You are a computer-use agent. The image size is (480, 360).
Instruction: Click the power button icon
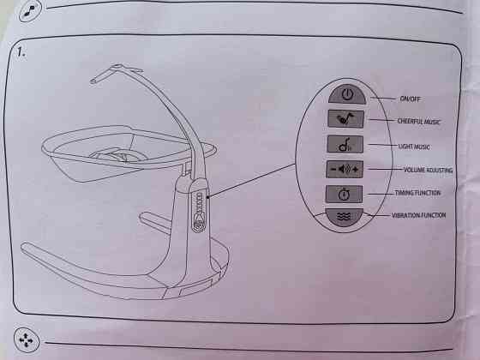[x=347, y=94]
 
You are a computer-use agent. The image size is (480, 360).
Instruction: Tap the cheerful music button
[x=345, y=119]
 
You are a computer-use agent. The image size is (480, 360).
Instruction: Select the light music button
[x=345, y=144]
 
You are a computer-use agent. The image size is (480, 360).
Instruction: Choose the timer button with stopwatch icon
[x=344, y=194]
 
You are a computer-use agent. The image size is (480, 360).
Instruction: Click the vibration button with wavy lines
[x=344, y=217]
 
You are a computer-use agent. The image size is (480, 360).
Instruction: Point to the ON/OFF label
[x=410, y=99]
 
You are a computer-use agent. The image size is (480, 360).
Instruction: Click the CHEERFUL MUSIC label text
[x=418, y=122]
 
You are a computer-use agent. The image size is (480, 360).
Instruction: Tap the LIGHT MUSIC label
[x=414, y=147]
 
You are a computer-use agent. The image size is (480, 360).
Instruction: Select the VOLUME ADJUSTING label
[x=428, y=170]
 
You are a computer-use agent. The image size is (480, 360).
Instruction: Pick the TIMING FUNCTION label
[x=417, y=193]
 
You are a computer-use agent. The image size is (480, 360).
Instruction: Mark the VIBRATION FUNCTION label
[x=418, y=215]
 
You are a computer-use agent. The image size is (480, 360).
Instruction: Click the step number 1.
[x=21, y=52]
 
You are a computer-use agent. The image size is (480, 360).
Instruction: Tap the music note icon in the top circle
[x=30, y=12]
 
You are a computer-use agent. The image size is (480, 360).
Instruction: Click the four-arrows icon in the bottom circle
[x=27, y=340]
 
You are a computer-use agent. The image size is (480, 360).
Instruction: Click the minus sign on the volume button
[x=333, y=169]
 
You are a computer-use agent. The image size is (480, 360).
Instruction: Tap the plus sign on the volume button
[x=355, y=169]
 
